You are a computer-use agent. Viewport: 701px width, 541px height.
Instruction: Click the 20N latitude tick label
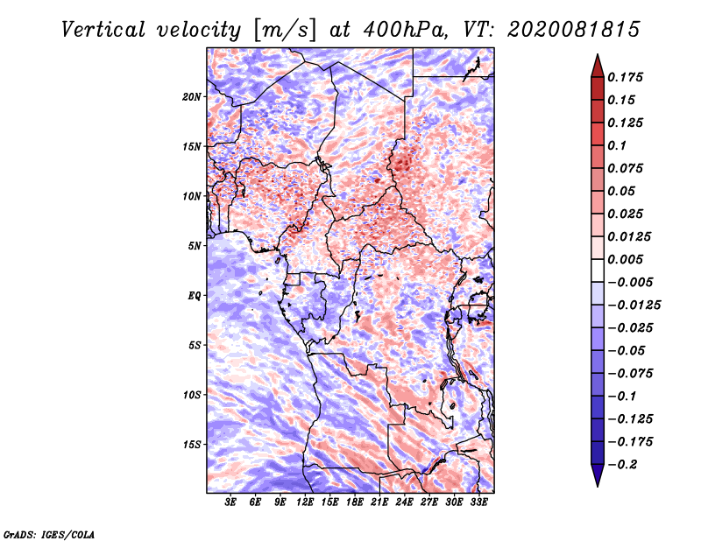pos(192,97)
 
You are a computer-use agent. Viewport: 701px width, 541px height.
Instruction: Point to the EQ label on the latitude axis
pos(194,296)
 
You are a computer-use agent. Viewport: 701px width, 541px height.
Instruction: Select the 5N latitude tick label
pos(195,246)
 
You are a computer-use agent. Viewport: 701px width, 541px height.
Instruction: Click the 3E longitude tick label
pos(230,502)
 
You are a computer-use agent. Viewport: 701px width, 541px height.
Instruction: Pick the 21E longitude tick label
pos(379,502)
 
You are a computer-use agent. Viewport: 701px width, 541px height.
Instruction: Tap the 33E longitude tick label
pos(478,502)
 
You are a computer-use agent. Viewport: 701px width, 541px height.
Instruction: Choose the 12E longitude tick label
pos(305,502)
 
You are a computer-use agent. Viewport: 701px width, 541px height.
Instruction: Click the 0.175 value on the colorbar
pos(625,77)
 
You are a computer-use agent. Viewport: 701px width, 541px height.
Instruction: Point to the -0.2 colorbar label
pos(622,465)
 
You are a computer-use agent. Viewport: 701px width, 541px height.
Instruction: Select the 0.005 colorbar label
pos(625,259)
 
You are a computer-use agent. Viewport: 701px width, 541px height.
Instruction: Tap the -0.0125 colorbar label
pos(634,306)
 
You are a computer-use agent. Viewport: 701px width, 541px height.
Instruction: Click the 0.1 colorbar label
pos(617,145)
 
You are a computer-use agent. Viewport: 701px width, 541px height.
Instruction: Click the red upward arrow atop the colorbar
pos(598,67)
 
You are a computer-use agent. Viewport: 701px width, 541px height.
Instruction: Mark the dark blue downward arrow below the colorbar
pos(598,474)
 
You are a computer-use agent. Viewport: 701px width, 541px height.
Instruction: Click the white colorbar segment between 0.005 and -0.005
pos(598,270)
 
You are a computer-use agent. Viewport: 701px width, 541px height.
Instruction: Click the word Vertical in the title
pos(103,30)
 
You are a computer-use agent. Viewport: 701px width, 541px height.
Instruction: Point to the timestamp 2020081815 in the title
pos(574,30)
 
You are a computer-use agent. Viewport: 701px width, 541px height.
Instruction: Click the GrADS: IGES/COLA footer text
pos(49,535)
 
